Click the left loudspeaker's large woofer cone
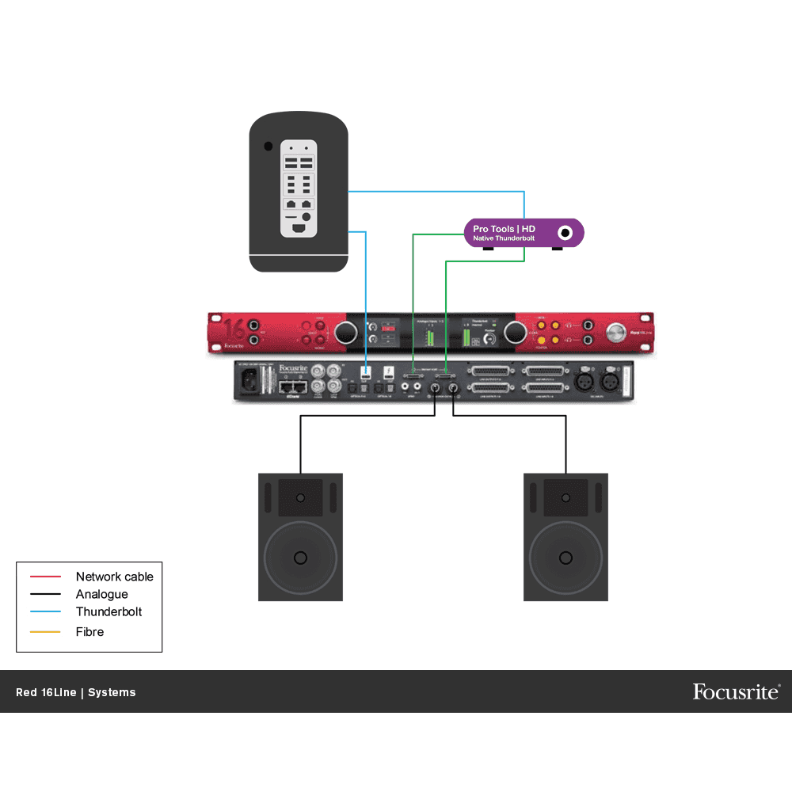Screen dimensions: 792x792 tap(300, 558)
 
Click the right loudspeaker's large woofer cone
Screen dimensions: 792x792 tap(565, 558)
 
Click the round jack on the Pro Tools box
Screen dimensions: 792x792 tap(565, 233)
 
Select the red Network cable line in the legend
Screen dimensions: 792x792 tap(45, 577)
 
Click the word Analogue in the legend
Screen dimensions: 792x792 tap(101, 594)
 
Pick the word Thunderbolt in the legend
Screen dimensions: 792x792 tap(109, 611)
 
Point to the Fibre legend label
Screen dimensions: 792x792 tap(89, 631)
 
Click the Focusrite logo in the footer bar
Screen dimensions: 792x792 tap(736, 691)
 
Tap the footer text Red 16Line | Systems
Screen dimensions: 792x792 tap(76, 692)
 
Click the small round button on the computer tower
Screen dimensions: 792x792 tap(268, 147)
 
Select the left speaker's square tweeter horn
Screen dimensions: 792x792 tap(300, 497)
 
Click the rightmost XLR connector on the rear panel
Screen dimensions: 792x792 tap(611, 381)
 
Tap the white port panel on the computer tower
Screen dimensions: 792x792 tap(299, 188)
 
